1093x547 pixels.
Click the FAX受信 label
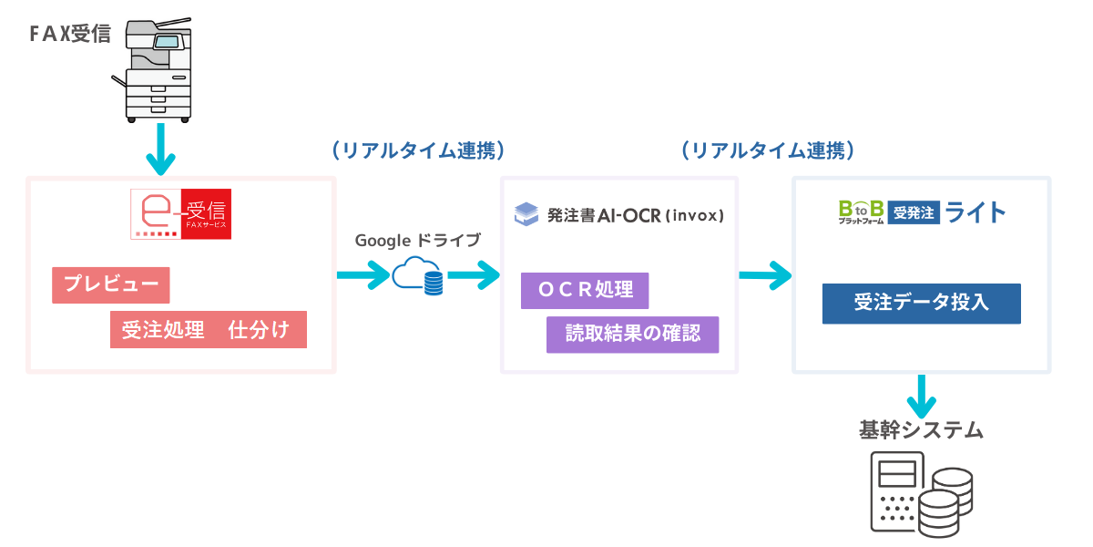pos(70,35)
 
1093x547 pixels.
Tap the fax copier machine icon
pos(158,70)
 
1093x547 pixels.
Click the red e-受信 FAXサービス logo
pos(181,214)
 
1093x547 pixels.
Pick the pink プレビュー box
pos(111,285)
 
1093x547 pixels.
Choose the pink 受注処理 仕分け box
pos(208,330)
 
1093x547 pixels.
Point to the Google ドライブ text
pos(417,241)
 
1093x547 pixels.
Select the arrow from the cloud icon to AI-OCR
pos(473,273)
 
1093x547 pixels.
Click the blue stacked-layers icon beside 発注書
pos(526,214)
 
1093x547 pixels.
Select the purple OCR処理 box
pos(584,291)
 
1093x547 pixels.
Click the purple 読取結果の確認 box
pos(632,335)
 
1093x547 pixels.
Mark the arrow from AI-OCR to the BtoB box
pos(764,273)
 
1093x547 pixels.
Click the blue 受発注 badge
pos(913,213)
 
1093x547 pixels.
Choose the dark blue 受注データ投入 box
pos(921,304)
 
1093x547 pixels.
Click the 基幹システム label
pos(921,429)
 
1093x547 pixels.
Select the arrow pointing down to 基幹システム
pos(923,395)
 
